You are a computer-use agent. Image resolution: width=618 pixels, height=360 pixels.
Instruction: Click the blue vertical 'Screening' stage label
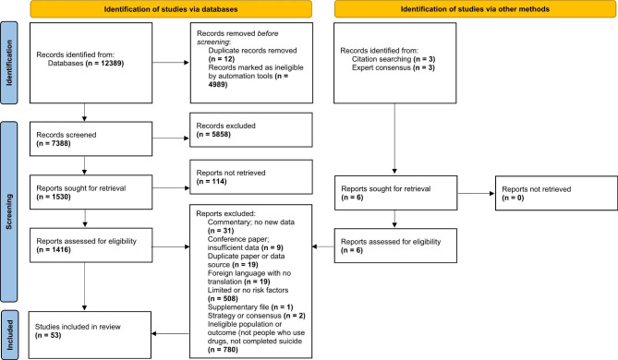pos(10,222)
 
